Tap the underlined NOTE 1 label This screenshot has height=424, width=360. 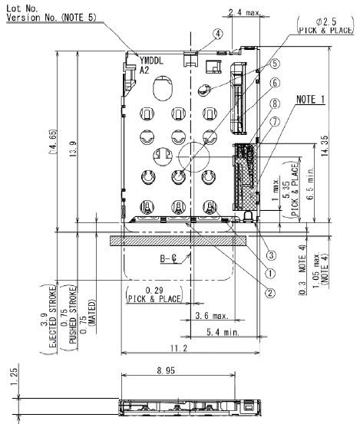(x=312, y=100)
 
